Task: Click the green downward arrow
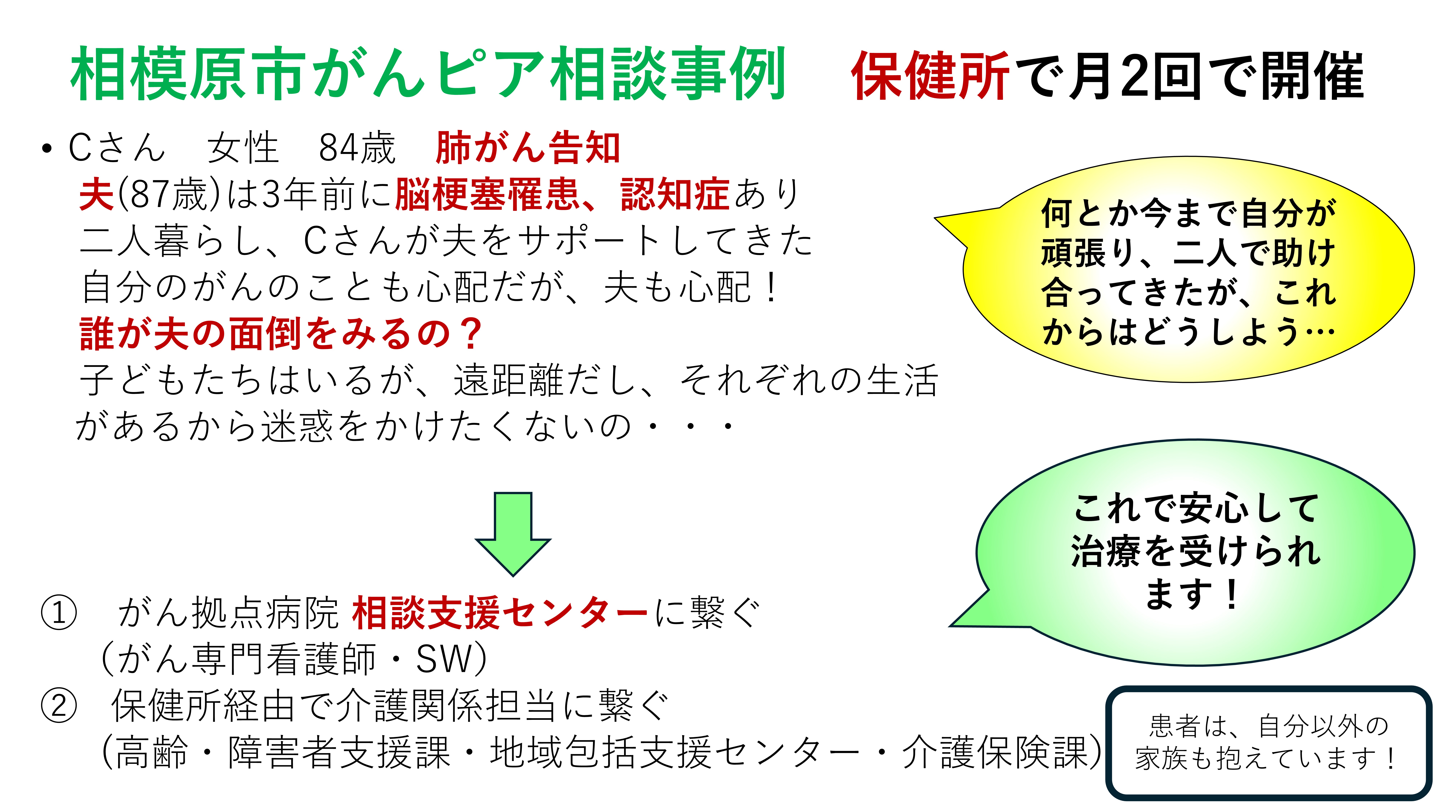pos(513,534)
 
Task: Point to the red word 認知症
pos(675,194)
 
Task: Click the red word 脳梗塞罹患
pos(487,194)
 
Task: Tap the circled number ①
pos(59,613)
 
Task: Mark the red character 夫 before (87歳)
pos(97,194)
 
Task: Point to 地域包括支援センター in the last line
pos(674,752)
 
